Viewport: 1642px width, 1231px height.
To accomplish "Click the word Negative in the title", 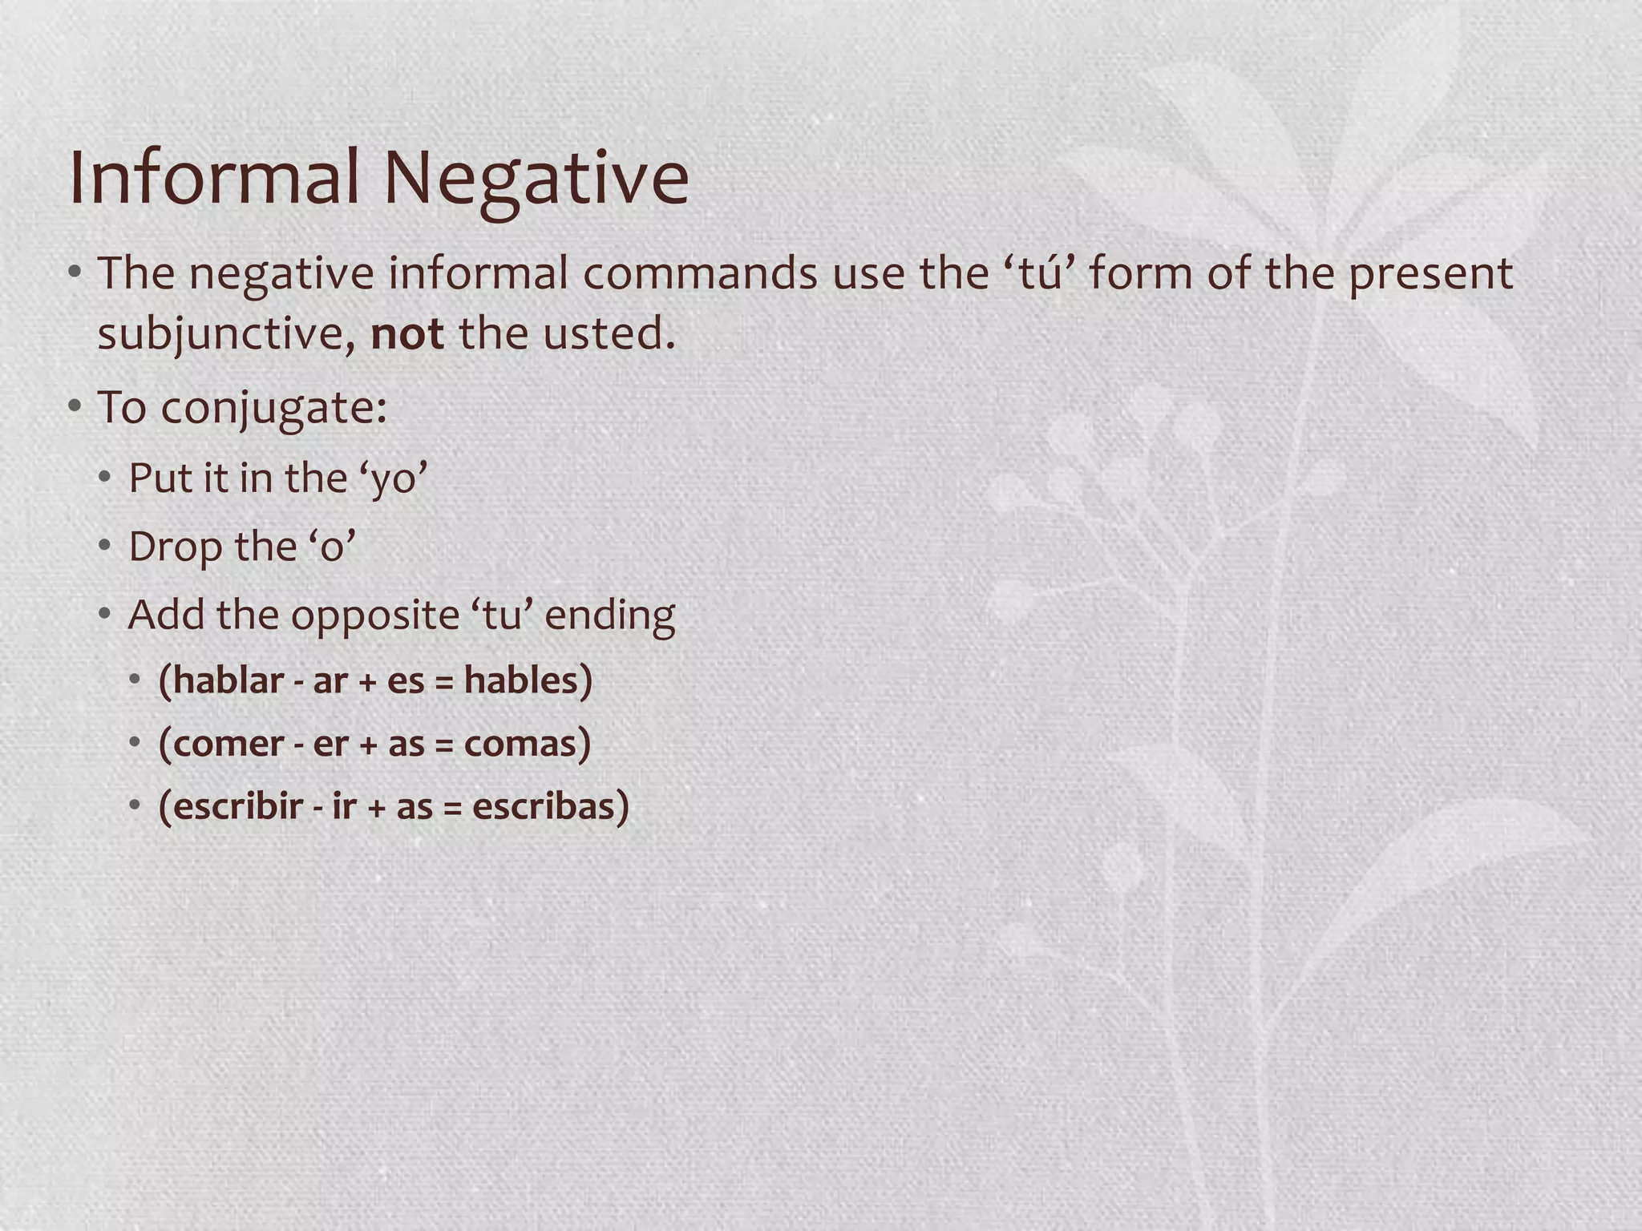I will tap(536, 178).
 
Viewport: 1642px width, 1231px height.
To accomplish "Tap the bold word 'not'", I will tap(407, 333).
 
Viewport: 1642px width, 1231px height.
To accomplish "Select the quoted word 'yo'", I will tap(394, 479).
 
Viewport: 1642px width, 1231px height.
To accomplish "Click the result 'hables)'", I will tap(528, 680).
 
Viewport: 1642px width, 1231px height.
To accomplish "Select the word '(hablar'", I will tap(221, 680).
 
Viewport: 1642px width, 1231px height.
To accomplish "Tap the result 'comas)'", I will tap(528, 744).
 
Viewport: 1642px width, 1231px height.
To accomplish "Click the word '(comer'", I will tap(221, 744).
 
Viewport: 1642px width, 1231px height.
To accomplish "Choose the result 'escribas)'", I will tap(550, 806).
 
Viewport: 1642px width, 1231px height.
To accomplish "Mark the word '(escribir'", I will tap(231, 806).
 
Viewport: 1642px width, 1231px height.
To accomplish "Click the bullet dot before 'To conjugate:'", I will tap(75, 406).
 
